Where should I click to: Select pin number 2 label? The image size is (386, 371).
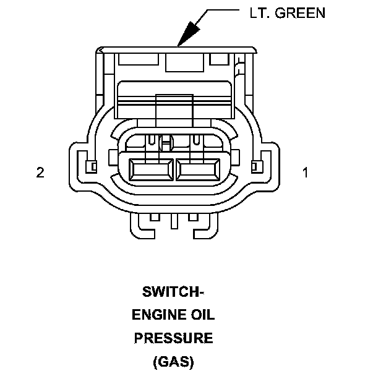[x=40, y=173]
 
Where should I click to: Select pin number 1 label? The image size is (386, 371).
[x=304, y=173]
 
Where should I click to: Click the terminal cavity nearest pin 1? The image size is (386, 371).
[x=197, y=168]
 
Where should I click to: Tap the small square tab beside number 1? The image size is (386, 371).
[x=254, y=166]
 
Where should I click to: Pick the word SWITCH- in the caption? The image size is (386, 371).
[x=174, y=292]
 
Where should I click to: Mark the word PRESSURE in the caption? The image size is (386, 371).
[x=174, y=338]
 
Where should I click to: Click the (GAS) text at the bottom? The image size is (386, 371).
[x=174, y=361]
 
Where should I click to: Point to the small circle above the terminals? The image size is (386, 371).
[x=166, y=144]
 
